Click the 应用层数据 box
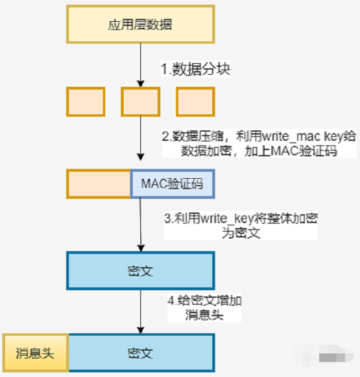click(x=140, y=25)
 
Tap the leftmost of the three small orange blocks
click(x=86, y=102)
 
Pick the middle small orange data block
click(x=140, y=102)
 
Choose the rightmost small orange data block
click(x=195, y=102)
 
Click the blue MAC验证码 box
click(x=172, y=184)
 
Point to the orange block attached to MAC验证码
click(x=99, y=184)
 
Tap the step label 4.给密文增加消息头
click(x=204, y=308)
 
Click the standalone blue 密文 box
click(x=140, y=270)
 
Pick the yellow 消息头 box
click(x=35, y=352)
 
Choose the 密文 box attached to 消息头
click(x=140, y=352)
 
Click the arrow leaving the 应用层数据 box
click(x=140, y=63)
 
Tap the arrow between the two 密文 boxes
click(x=140, y=310)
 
